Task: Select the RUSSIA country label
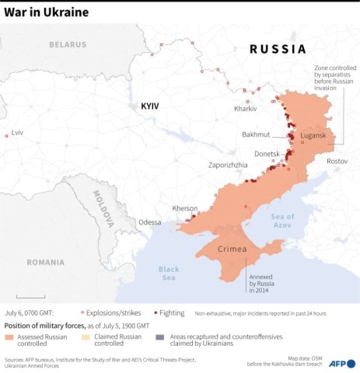click(278, 49)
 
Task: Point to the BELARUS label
click(68, 44)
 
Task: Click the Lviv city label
click(17, 133)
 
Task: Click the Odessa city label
click(150, 222)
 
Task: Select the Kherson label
click(185, 208)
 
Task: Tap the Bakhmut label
click(257, 134)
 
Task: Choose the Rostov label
click(337, 161)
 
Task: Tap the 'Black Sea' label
click(169, 274)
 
